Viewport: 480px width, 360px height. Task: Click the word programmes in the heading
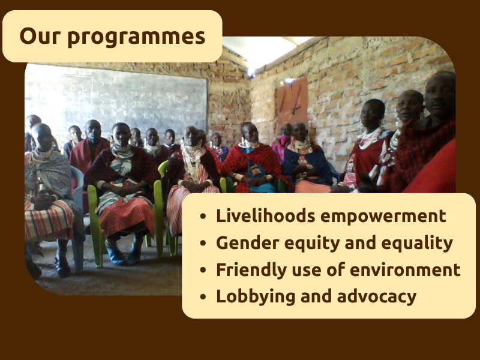(136, 37)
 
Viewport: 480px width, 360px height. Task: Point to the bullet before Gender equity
(205, 243)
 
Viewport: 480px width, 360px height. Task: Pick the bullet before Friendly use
(205, 270)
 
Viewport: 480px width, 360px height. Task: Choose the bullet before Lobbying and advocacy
(205, 296)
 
